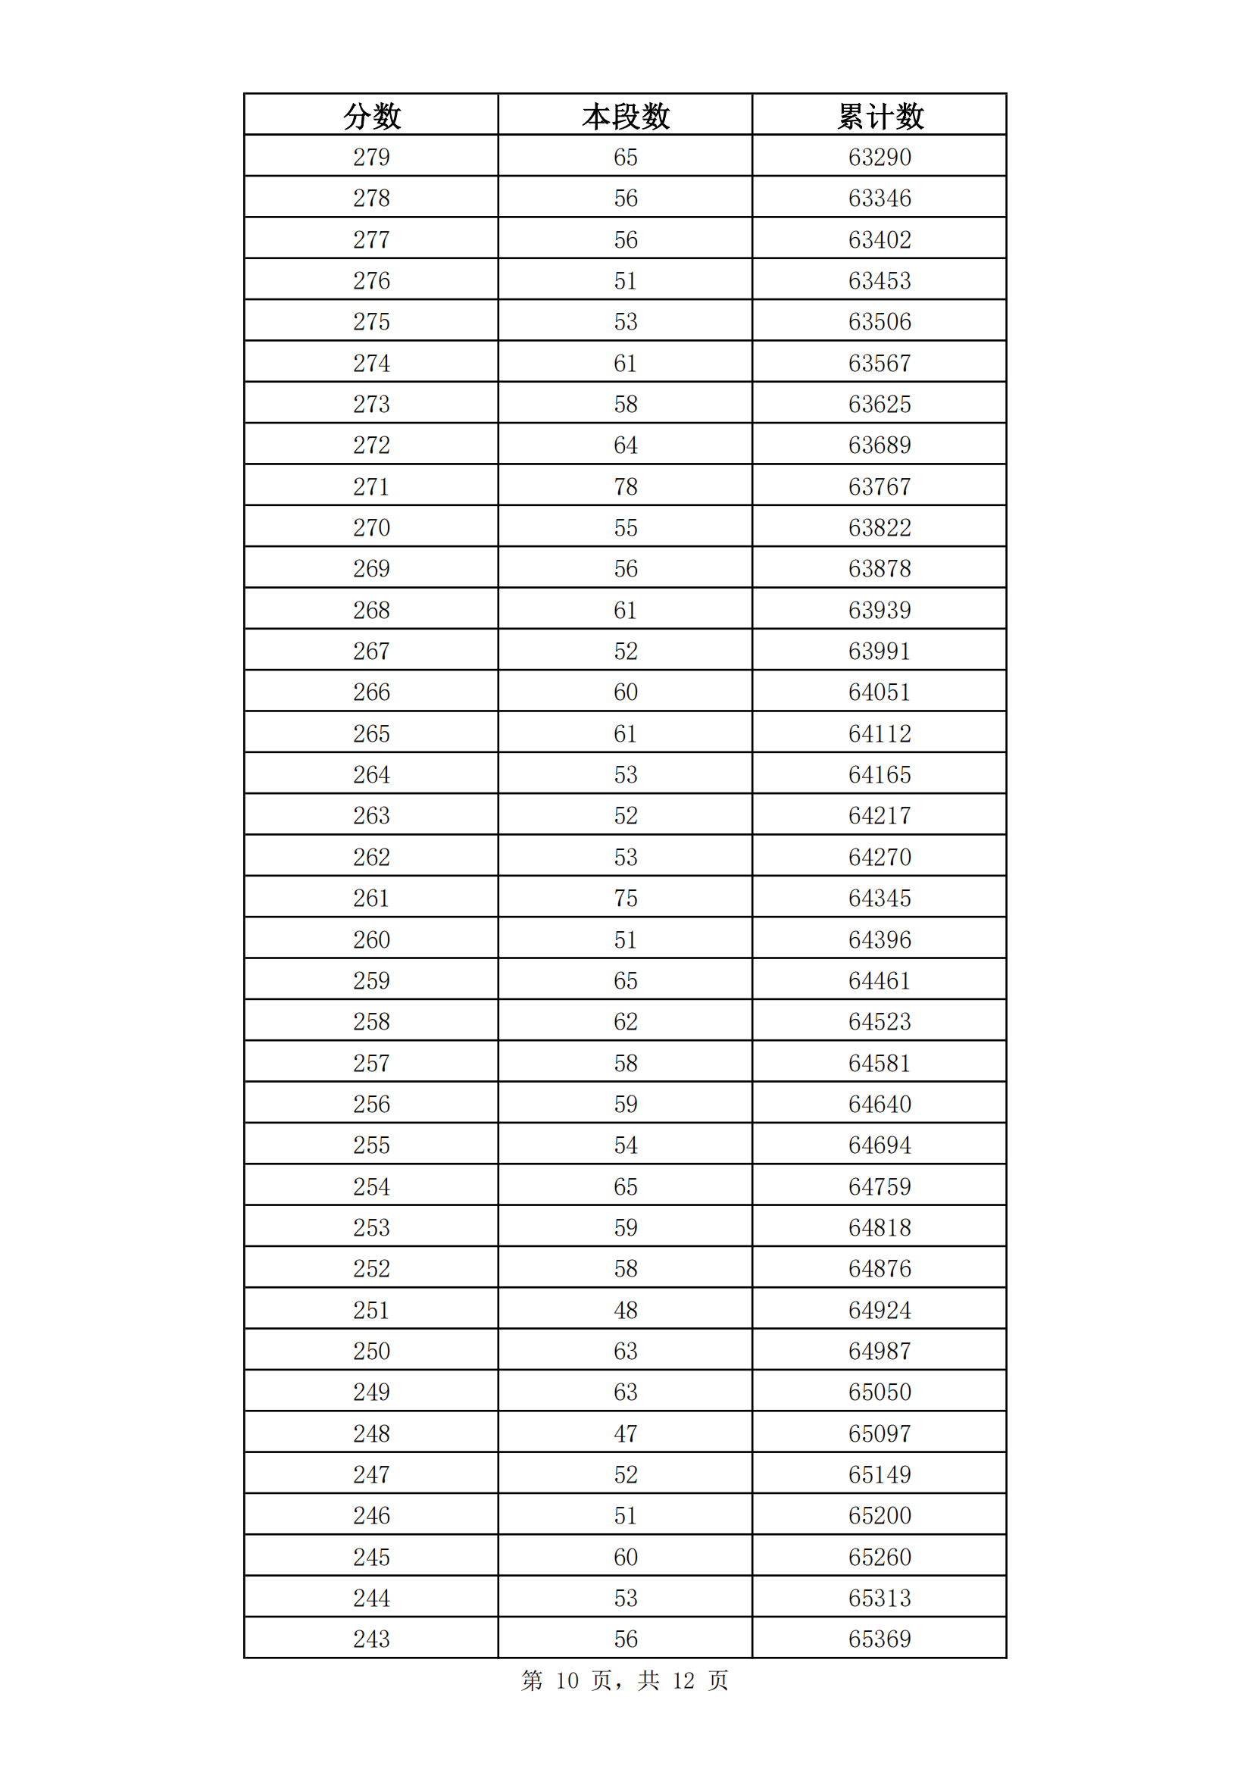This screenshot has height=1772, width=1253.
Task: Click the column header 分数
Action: click(372, 117)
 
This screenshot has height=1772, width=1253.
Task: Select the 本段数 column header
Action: click(626, 117)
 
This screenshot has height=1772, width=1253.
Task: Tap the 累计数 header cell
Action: click(880, 117)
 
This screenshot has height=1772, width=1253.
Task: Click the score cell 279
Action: click(372, 158)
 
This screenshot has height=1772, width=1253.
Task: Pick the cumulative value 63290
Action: click(880, 158)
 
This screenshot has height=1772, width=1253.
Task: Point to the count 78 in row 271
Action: click(626, 487)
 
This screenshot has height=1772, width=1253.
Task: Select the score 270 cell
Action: click(372, 528)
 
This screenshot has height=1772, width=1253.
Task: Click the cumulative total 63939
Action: click(880, 611)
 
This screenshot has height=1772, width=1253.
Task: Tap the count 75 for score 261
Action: click(626, 899)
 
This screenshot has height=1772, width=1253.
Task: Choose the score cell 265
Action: click(372, 734)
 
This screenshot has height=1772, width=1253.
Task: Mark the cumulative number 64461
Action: click(880, 981)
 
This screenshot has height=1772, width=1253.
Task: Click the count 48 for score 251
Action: click(626, 1311)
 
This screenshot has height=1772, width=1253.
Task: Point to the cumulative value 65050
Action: click(880, 1392)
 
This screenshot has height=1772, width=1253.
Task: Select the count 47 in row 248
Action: click(626, 1434)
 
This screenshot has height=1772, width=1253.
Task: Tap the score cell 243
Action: click(372, 1639)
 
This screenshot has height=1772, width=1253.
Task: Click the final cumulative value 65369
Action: click(880, 1639)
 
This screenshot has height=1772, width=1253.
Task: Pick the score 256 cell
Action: click(372, 1105)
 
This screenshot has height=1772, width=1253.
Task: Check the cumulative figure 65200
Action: click(880, 1516)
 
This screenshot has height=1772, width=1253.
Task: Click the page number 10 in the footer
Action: click(567, 1681)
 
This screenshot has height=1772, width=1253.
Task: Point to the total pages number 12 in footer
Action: click(683, 1681)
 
